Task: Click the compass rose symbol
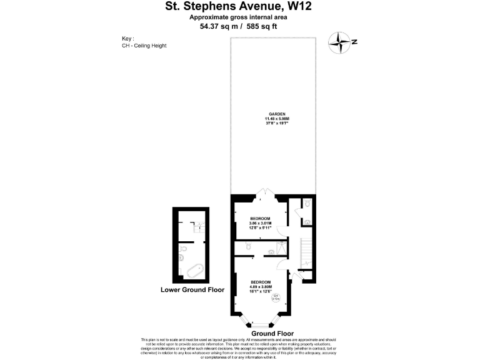[341, 42]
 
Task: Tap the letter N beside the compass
[354, 42]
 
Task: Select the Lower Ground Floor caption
[192, 290]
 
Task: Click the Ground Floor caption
[272, 334]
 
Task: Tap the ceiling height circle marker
[276, 298]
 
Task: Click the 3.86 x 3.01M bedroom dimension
[261, 223]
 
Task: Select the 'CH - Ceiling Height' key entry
[144, 46]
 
